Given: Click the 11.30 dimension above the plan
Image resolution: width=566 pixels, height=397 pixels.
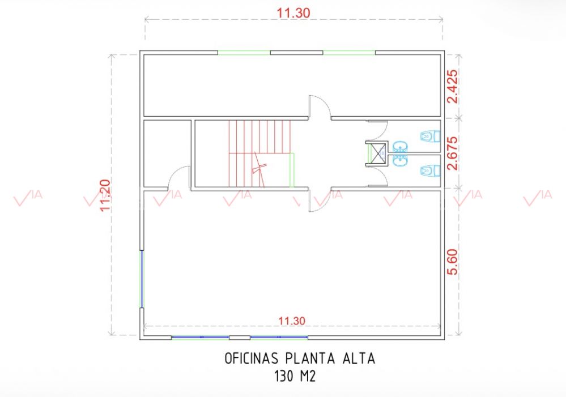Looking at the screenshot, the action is click(x=293, y=13).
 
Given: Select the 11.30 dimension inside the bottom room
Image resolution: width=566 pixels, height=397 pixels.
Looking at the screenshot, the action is click(x=292, y=321).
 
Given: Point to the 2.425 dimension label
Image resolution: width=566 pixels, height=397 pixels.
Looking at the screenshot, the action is click(x=452, y=86).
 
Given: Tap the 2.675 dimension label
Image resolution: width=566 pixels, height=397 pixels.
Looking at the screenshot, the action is click(x=452, y=153).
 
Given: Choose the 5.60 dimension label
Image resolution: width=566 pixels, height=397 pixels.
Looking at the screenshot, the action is click(x=452, y=262).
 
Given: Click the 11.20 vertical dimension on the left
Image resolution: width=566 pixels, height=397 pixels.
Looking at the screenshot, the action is click(x=105, y=195).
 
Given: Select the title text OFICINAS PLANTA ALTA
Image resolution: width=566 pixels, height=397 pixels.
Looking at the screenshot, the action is click(x=300, y=358).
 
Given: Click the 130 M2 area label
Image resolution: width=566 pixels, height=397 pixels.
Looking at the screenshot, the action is click(x=295, y=377).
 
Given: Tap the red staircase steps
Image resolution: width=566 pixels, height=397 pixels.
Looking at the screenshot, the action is click(x=259, y=153).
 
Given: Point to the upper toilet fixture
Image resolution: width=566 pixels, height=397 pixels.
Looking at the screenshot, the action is click(x=430, y=136).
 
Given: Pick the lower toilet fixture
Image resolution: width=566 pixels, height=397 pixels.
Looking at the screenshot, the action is click(x=430, y=170).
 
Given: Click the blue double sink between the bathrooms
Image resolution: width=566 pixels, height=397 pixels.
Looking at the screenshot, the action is click(x=399, y=153).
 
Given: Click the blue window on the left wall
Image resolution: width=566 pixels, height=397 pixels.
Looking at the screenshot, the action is click(x=142, y=279).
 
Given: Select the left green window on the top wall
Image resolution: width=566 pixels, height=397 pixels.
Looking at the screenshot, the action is click(x=244, y=53).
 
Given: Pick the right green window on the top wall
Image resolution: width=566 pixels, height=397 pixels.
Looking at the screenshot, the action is click(x=349, y=53).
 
